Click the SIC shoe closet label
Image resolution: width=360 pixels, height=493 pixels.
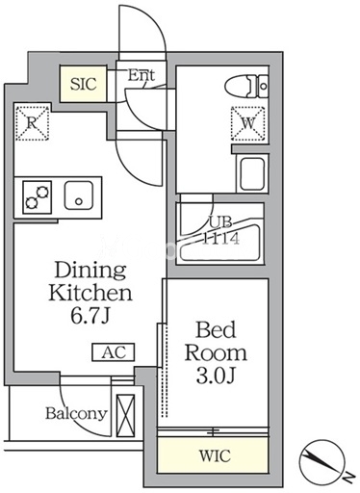[84, 84]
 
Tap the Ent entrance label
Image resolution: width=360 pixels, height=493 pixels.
[141, 75]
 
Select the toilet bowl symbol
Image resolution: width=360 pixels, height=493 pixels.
[246, 86]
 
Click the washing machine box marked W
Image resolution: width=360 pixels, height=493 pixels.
[248, 123]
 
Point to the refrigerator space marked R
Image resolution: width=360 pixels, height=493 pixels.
[32, 123]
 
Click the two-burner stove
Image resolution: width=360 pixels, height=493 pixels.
[38, 197]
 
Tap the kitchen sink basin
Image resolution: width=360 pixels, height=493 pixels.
[79, 195]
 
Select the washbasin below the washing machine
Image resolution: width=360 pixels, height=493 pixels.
[252, 173]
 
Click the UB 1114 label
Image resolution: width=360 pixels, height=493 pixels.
[220, 231]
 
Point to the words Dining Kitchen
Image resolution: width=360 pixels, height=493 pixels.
[90, 281]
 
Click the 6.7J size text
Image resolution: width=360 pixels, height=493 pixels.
[90, 317]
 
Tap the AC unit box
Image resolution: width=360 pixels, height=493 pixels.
[114, 352]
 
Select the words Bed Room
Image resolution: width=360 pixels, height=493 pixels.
[216, 341]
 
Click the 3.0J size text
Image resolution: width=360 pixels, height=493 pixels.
[216, 376]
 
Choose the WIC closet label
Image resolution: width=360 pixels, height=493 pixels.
[215, 455]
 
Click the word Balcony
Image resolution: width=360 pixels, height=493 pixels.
[76, 414]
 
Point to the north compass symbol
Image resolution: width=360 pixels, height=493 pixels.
[322, 462]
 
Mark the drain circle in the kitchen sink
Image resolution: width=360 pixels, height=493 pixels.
[79, 201]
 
